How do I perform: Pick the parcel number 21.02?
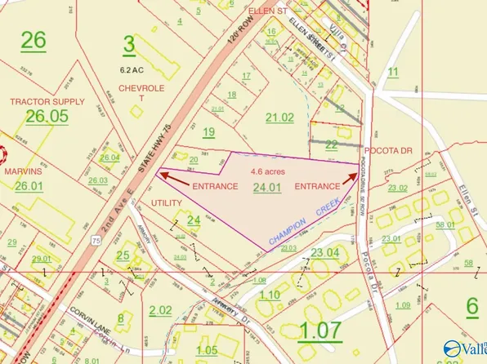(280, 118)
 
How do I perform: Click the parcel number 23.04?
(322, 252)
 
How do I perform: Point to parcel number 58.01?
(445, 224)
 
